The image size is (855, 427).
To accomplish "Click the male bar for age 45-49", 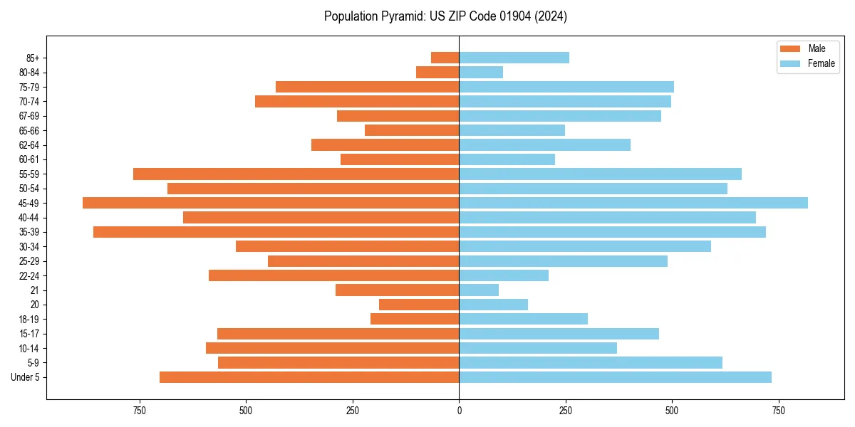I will pos(271,203).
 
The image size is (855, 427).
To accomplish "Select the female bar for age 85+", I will pos(514,58).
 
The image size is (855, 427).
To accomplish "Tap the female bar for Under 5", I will pos(615,377).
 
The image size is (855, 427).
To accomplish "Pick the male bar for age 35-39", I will pos(276,232).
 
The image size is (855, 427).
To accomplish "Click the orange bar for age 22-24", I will pos(333,275).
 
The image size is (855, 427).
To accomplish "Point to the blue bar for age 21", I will pos(479,290).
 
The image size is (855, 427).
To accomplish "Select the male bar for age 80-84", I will pos(437,73).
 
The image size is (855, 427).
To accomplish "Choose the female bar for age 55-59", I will pos(600,174).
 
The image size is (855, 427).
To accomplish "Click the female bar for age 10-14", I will pos(538,348).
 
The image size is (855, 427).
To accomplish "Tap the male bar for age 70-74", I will pos(357,102).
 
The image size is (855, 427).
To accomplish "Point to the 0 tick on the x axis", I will pos(459,411).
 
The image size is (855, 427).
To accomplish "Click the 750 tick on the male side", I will pos(140,411).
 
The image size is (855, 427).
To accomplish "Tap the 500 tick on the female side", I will pos(672,411).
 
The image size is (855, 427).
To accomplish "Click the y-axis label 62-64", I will pos(29,145).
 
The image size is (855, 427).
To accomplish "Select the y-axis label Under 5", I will pos(26,377).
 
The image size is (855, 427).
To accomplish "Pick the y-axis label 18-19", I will pos(29,320).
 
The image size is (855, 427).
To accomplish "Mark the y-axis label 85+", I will pos(33,58).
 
